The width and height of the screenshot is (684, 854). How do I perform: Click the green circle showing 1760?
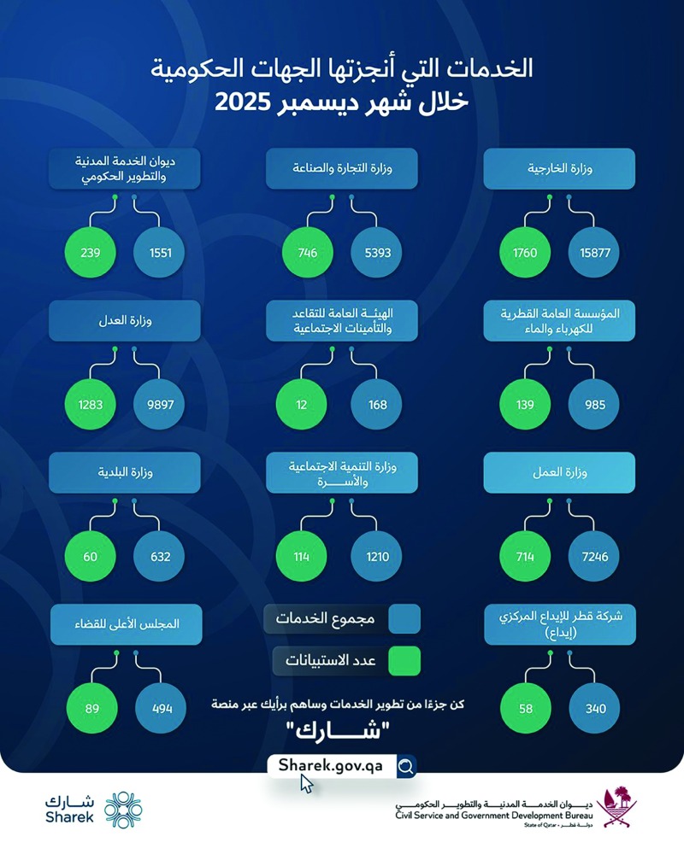coord(525,254)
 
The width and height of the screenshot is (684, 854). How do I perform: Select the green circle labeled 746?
coord(307,254)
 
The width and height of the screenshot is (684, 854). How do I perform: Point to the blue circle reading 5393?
coord(377,254)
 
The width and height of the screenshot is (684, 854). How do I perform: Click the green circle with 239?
coord(91,254)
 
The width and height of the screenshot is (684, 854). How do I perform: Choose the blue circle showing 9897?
coord(160,405)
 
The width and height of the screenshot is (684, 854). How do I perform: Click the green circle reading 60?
coord(91,557)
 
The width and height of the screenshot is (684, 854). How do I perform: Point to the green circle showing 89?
coord(91,708)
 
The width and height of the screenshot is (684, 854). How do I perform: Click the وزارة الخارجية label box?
coord(559,168)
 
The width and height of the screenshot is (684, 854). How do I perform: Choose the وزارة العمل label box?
coord(559,471)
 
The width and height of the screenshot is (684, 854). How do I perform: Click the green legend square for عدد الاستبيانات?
coord(404,659)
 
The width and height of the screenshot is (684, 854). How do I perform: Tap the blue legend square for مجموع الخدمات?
coord(404,617)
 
